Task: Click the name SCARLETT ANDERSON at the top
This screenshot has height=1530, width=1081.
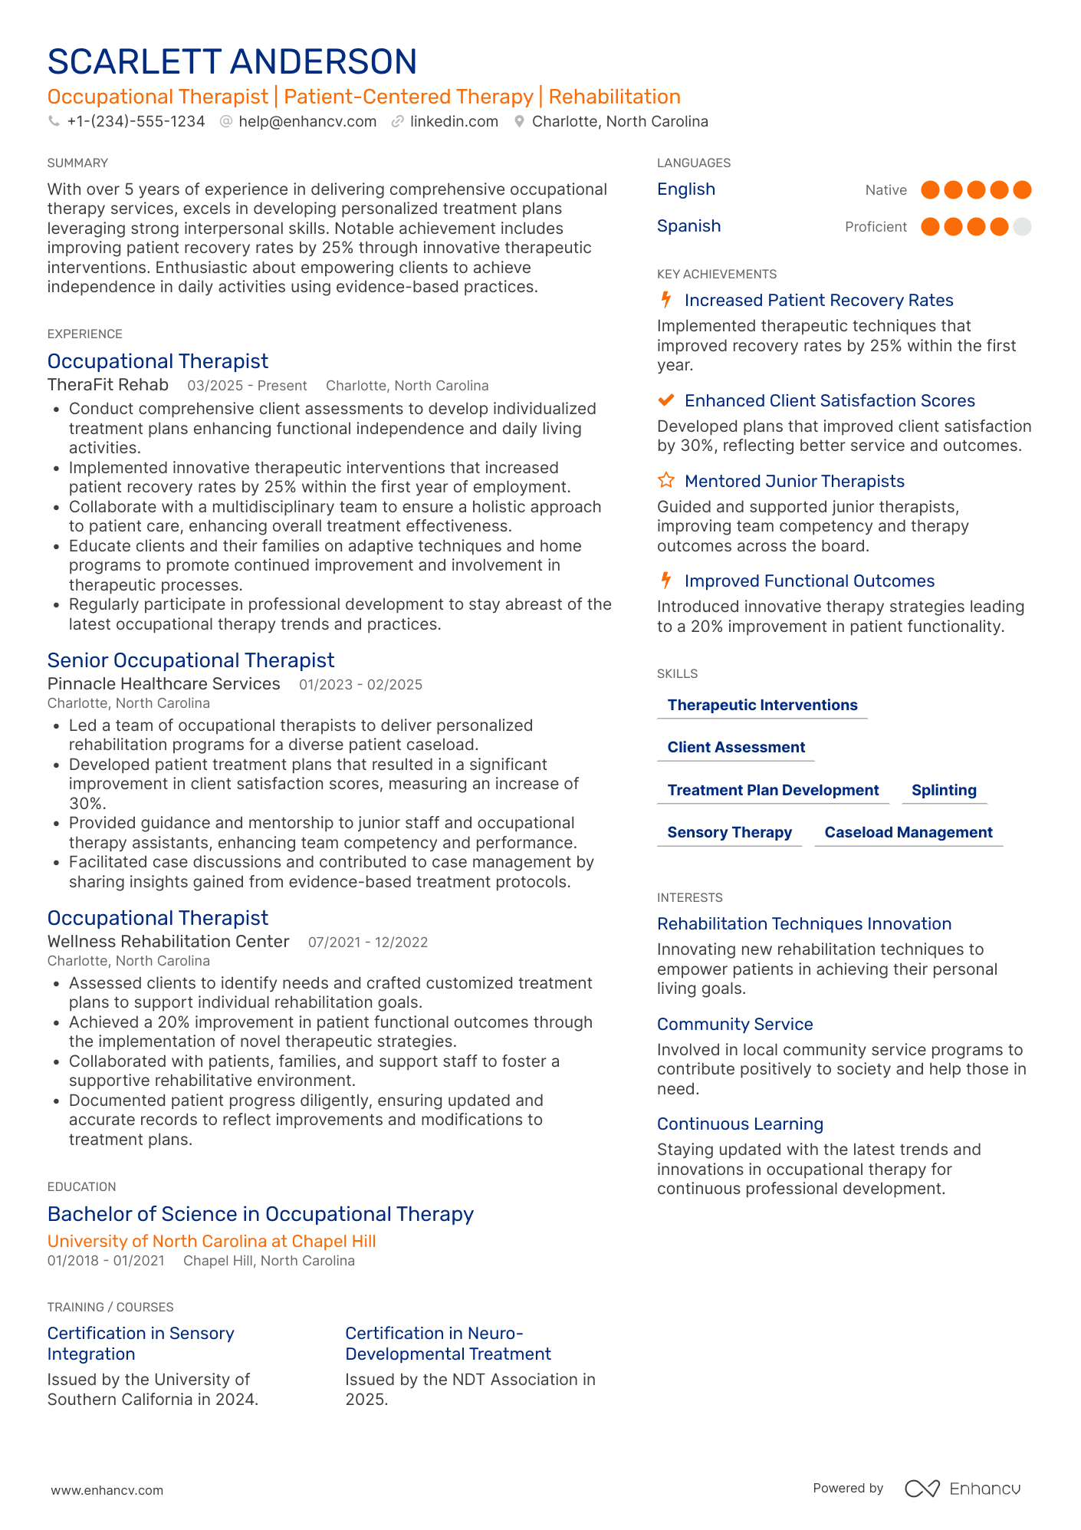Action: [x=232, y=62]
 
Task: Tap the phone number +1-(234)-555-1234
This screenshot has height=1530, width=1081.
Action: [x=136, y=121]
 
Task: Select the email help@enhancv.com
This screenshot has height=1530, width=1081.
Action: [x=307, y=121]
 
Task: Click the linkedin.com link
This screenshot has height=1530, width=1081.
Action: [x=453, y=121]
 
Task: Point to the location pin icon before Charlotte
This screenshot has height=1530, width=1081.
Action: [x=519, y=121]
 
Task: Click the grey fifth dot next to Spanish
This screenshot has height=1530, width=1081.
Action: [x=1021, y=226]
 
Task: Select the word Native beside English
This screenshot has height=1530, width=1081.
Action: [x=886, y=190]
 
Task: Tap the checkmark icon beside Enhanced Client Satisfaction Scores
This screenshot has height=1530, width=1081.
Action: [x=666, y=400]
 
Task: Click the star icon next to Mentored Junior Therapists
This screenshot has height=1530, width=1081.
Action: [x=666, y=481]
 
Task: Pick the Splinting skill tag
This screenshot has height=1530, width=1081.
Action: [x=944, y=790]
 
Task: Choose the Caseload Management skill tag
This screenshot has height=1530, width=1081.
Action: [x=908, y=832]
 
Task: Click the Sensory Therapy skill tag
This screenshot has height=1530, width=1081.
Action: [x=729, y=832]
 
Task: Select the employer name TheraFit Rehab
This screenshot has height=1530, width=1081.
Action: [x=108, y=385]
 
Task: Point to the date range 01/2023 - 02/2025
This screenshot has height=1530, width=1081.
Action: [x=360, y=685]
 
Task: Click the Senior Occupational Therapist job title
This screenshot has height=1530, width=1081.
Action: [x=191, y=660]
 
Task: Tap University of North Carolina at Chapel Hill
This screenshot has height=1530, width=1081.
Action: [x=212, y=1241]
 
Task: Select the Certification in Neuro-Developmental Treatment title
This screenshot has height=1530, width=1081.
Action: [x=448, y=1344]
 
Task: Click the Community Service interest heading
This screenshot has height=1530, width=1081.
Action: [x=734, y=1024]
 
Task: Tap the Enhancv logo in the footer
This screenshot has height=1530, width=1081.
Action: [x=962, y=1489]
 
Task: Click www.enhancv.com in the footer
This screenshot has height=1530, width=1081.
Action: [x=107, y=1490]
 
